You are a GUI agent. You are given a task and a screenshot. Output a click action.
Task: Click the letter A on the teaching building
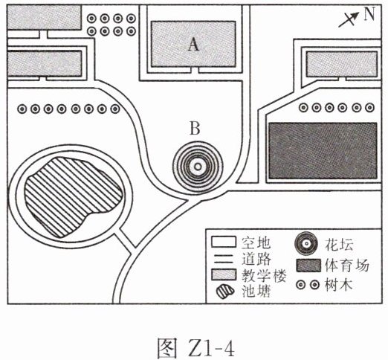pos(193,45)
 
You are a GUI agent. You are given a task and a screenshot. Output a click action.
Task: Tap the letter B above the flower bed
pos(195,128)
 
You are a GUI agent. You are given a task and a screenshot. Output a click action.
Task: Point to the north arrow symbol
pos(349,19)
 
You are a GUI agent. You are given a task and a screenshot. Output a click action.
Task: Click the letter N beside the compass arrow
pos(369,14)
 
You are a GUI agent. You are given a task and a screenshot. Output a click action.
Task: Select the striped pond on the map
pos(72,197)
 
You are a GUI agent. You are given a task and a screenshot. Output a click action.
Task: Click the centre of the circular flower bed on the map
pos(198,167)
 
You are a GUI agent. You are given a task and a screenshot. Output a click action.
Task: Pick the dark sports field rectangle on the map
pos(323,151)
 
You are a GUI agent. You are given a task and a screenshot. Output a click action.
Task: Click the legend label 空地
pos(256,242)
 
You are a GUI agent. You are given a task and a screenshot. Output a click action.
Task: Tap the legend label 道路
pos(256,260)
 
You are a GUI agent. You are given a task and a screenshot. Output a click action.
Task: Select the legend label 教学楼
pos(264,275)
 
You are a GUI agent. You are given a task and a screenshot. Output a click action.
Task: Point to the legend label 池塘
pos(256,291)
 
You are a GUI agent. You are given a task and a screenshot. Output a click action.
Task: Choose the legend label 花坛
pos(339,244)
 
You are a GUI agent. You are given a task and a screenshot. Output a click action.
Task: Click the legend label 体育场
pos(347,265)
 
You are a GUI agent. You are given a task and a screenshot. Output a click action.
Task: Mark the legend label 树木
pos(338,285)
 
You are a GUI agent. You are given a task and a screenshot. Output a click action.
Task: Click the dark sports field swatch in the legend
pos(308,266)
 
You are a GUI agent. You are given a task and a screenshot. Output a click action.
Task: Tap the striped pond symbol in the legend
pos(225,292)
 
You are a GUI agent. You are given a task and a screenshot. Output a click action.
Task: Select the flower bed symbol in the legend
pos(306,244)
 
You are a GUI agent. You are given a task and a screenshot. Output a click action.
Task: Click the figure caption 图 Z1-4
pos(195,347)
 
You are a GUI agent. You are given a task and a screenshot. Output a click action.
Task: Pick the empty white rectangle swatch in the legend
pos(224,242)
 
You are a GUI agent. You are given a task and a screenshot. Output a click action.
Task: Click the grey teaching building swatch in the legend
pos(224,274)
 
